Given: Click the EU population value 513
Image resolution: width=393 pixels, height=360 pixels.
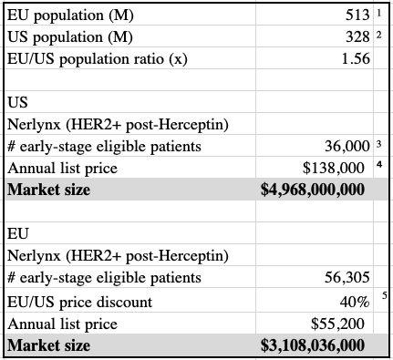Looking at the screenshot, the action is click(x=357, y=15).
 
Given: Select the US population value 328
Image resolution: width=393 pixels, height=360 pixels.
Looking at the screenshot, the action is click(x=357, y=37).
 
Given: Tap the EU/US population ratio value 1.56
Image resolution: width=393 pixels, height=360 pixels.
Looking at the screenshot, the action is click(x=356, y=58).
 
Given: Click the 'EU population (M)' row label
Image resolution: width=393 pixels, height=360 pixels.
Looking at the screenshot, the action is click(x=70, y=15).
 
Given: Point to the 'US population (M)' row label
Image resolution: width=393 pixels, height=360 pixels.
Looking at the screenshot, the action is click(x=70, y=37).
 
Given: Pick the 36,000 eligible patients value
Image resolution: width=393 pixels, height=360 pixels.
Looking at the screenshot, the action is click(x=347, y=147).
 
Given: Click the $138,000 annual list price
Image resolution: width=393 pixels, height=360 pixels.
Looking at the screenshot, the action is click(x=334, y=168).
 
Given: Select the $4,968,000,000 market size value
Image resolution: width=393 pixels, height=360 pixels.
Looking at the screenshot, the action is click(x=313, y=190).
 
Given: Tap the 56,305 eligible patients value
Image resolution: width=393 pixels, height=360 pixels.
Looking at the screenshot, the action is click(x=347, y=277).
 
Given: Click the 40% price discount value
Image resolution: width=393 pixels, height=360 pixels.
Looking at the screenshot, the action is click(x=355, y=303).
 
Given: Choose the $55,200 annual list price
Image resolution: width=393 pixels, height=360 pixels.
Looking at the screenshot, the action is click(x=337, y=324).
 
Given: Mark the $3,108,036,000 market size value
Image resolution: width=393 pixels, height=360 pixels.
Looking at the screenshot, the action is click(x=313, y=345).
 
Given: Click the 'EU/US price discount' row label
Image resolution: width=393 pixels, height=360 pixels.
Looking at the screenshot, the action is click(x=79, y=303).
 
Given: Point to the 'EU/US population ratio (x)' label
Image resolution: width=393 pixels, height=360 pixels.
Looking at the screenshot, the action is click(x=98, y=59).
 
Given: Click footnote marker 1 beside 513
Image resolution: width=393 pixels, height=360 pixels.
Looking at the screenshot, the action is click(x=378, y=13).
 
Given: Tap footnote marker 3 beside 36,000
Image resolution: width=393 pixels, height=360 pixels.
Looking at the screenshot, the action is click(x=378, y=144).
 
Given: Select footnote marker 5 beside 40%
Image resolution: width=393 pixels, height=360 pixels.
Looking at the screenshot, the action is click(x=385, y=295).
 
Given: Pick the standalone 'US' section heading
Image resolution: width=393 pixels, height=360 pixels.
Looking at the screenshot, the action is click(x=17, y=103).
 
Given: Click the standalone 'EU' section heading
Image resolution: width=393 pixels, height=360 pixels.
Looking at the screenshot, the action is click(x=17, y=234).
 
